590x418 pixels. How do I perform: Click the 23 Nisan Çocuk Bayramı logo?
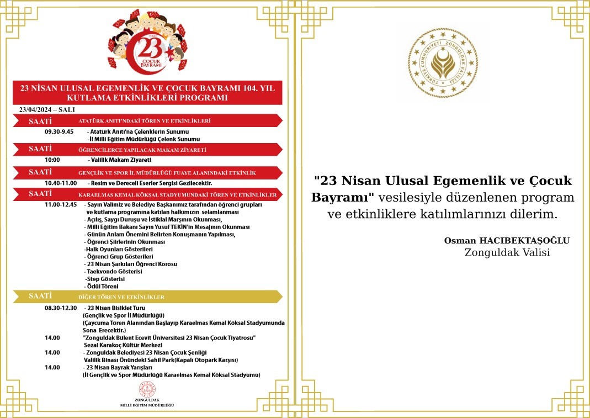tap(147, 44)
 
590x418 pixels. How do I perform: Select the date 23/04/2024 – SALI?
tap(47, 109)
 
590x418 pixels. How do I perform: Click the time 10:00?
tap(52, 160)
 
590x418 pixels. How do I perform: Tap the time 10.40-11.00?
tap(61, 183)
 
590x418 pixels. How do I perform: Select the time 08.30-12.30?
tap(61, 308)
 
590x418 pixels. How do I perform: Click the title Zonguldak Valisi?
tap(507, 253)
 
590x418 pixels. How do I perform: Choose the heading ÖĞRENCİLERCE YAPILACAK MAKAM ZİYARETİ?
tap(142, 150)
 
